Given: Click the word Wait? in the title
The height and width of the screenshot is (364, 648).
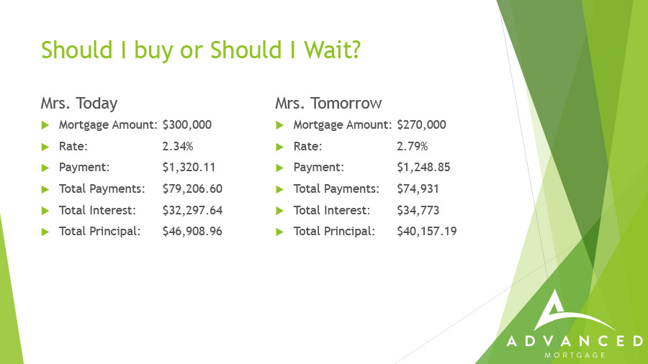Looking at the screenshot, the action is tap(332, 50).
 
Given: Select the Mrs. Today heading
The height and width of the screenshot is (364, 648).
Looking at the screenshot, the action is tap(79, 103).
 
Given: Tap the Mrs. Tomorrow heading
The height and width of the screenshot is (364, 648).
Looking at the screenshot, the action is tap(328, 103).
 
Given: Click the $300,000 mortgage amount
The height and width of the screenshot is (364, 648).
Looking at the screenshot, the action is tap(186, 124).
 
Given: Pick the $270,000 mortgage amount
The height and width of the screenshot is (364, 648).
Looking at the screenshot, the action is tap(421, 124).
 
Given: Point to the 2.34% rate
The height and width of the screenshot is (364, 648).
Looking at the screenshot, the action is tap(178, 146).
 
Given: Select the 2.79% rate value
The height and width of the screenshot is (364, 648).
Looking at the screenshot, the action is tap(413, 146).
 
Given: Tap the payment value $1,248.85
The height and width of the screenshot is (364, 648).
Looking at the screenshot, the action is tap(423, 167).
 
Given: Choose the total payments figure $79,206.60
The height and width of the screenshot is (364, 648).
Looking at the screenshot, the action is tap(192, 188).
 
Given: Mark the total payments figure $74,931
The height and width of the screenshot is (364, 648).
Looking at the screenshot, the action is tap(418, 188).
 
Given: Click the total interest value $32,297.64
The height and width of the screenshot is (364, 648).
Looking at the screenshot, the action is tap(192, 210).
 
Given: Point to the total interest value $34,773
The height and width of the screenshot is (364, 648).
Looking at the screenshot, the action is tap(418, 210).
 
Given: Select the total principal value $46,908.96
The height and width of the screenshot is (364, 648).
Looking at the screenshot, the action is tap(192, 231).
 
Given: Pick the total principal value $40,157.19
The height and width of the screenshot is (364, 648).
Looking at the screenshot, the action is tap(427, 231).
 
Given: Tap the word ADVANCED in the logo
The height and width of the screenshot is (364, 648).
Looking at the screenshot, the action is tap(575, 341).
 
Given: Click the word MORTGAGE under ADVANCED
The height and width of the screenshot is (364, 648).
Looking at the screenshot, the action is tap(575, 355).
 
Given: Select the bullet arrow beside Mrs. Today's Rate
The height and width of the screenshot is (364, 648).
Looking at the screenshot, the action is tap(45, 147).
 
